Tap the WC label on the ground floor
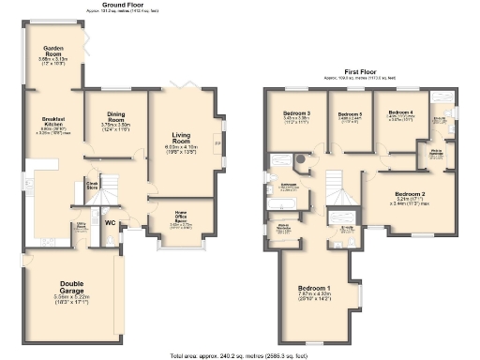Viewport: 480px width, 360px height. click(x=111, y=223)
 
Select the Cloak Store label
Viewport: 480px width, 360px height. click(x=93, y=185)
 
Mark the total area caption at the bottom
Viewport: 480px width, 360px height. click(x=239, y=355)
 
